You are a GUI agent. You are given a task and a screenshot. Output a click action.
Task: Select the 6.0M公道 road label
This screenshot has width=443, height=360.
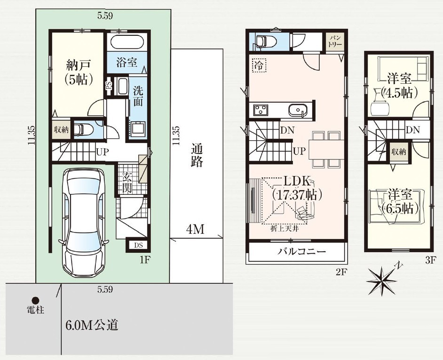[x=92, y=325]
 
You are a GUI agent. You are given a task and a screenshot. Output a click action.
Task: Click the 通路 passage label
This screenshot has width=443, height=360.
[x=197, y=155]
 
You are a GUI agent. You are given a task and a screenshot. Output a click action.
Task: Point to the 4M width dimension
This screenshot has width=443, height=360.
[x=195, y=230]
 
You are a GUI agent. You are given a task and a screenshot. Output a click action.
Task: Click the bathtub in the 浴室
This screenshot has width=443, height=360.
[x=127, y=42]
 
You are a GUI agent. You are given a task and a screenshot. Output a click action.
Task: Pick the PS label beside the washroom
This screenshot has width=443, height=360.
[x=109, y=85]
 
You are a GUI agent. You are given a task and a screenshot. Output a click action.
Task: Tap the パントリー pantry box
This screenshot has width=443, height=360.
[x=335, y=41]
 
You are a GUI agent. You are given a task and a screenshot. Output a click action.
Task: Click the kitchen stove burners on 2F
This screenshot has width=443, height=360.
[x=261, y=110]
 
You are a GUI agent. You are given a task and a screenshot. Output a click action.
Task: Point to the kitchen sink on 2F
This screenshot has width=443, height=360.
[x=298, y=110]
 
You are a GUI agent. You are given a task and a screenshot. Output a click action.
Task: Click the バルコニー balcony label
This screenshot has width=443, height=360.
[x=301, y=251]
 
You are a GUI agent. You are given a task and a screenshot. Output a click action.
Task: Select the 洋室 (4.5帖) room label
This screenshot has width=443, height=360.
[x=399, y=85]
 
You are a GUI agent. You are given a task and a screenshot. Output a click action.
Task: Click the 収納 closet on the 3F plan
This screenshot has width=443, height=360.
[x=399, y=152]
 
